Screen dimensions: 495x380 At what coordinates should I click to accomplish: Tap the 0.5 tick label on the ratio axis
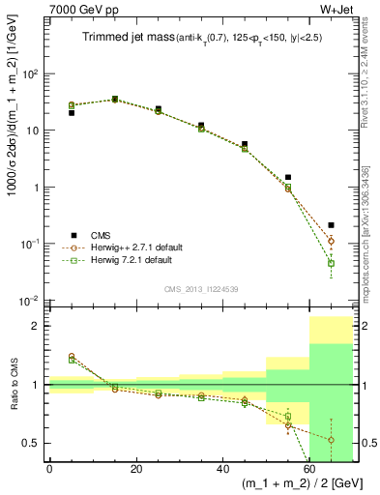pos(33,443)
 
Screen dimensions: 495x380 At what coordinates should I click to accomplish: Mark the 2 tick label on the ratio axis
pos(39,326)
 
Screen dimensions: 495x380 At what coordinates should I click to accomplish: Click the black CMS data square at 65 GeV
pos(331,224)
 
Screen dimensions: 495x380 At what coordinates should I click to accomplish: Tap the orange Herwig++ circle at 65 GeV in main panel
pos(331,241)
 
